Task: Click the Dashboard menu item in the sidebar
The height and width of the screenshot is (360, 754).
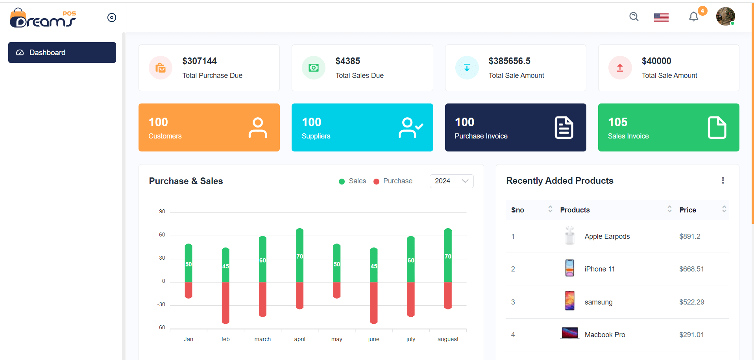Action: pyautogui.click(x=62, y=52)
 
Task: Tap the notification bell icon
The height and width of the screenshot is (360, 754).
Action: pyautogui.click(x=693, y=17)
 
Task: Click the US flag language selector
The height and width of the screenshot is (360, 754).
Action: pyautogui.click(x=661, y=17)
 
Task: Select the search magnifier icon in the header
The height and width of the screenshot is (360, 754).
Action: pyautogui.click(x=634, y=17)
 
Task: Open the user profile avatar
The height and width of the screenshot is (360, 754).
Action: pyautogui.click(x=725, y=17)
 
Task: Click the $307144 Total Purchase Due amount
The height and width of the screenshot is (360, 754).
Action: pyautogui.click(x=200, y=61)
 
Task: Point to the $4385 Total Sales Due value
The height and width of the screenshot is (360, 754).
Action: pyautogui.click(x=347, y=61)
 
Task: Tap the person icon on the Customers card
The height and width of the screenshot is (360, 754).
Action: pyautogui.click(x=258, y=127)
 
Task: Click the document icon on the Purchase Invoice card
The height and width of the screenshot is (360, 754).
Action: pyautogui.click(x=564, y=127)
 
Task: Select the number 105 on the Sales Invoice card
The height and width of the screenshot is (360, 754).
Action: pyautogui.click(x=617, y=122)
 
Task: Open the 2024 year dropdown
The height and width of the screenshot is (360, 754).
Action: pyautogui.click(x=451, y=181)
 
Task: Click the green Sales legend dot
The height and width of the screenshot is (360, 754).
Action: pyautogui.click(x=342, y=181)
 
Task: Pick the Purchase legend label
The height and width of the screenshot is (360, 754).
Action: pyautogui.click(x=397, y=181)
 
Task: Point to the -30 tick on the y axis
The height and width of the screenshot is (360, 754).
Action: pyautogui.click(x=161, y=304)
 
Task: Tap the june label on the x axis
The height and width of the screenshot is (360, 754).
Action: pyautogui.click(x=373, y=339)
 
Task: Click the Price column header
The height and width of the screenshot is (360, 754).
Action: pyautogui.click(x=687, y=210)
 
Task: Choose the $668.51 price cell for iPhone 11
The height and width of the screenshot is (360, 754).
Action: pyautogui.click(x=691, y=269)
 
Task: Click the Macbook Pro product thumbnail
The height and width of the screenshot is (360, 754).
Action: pyautogui.click(x=569, y=334)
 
